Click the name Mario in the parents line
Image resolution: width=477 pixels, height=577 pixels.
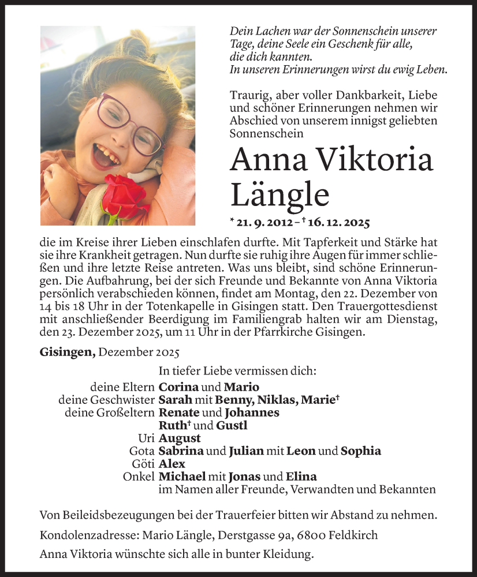point(241,387)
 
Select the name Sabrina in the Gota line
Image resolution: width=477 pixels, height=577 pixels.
point(181,451)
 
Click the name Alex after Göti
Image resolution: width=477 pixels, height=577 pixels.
point(172,464)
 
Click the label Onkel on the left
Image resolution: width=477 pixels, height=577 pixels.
point(139,477)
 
